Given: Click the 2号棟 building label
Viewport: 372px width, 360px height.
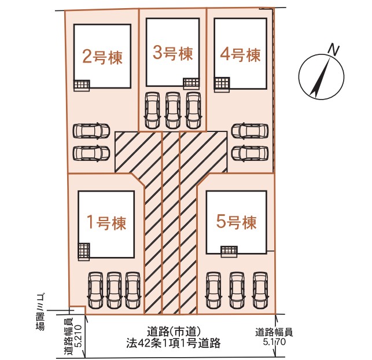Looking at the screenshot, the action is coord(102,57).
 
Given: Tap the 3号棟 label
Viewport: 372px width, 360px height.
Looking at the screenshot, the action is coord(172,53).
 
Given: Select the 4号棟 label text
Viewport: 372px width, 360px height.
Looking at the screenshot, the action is coord(240,54).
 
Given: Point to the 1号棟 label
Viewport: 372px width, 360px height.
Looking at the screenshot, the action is coord(106,223).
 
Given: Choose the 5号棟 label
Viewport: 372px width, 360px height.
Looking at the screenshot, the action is coord(236,222).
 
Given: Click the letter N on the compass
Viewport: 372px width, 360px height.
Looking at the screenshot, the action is coord(333,50).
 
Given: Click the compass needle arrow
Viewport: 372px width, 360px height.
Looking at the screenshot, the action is coord(321,78).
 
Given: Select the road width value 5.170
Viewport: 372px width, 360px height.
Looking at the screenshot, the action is coord(274,341).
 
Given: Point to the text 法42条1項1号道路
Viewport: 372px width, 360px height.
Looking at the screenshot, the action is coord(174,343).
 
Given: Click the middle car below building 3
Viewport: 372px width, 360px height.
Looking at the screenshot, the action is coord(173,111).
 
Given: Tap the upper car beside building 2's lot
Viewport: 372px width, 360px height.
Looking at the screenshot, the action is coord(91,131).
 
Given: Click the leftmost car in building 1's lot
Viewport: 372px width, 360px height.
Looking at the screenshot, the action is coord(96,290).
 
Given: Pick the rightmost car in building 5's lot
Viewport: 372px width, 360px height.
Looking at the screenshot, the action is coord(260,290).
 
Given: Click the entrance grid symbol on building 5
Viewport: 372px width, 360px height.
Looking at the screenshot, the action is coord(229,251).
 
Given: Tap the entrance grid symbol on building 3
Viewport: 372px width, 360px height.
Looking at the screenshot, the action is coord(191,84).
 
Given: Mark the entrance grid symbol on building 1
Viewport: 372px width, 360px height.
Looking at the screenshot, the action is coord(84,252).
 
